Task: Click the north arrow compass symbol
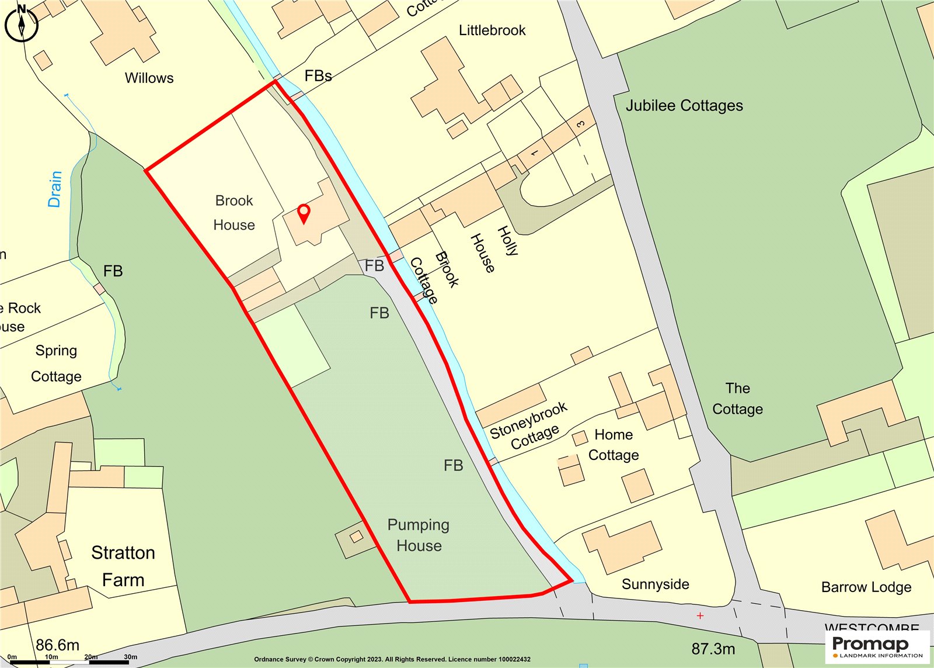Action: (x=22, y=23)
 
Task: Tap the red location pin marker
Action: (x=304, y=214)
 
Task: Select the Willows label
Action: (x=149, y=78)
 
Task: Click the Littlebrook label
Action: (x=492, y=30)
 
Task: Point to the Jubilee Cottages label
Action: (x=684, y=106)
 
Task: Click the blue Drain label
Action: (x=55, y=189)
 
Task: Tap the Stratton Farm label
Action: (x=123, y=566)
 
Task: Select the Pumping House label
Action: (x=419, y=535)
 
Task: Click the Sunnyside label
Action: (x=655, y=584)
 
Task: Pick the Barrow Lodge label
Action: (x=866, y=587)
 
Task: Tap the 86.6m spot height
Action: (x=57, y=645)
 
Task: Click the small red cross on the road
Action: (x=700, y=615)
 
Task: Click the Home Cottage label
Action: (x=614, y=445)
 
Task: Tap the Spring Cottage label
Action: (x=56, y=363)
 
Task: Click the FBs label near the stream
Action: (x=318, y=76)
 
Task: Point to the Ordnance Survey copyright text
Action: (x=392, y=659)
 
